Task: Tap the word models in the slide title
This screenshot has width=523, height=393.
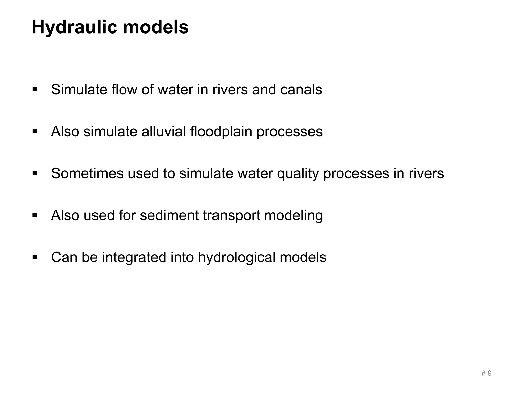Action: (x=156, y=27)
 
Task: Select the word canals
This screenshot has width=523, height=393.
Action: (x=301, y=90)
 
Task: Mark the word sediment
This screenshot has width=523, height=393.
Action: (x=169, y=215)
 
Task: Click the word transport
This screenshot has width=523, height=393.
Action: (x=232, y=215)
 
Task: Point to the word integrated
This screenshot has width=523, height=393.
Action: (x=134, y=257)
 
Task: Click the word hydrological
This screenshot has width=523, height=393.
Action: (x=237, y=257)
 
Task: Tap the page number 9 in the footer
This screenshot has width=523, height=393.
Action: (x=489, y=373)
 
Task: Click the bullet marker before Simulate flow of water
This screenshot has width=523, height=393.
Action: (x=35, y=90)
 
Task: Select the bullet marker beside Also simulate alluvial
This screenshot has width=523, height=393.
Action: (x=35, y=132)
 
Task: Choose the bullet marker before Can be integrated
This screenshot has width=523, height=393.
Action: (x=35, y=257)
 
